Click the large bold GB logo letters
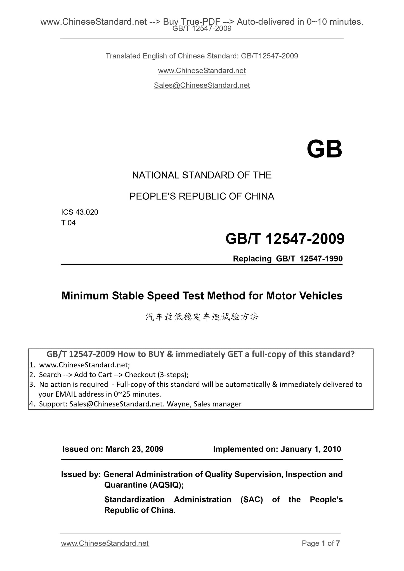click(324, 150)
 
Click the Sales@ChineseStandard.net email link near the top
click(202, 85)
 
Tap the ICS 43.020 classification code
click(80, 212)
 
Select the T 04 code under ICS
click(68, 223)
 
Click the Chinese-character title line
click(202, 317)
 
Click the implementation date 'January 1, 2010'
click(311, 449)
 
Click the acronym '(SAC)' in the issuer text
click(251, 499)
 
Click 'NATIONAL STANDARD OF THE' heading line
click(202, 175)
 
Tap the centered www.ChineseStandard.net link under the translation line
click(202, 71)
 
